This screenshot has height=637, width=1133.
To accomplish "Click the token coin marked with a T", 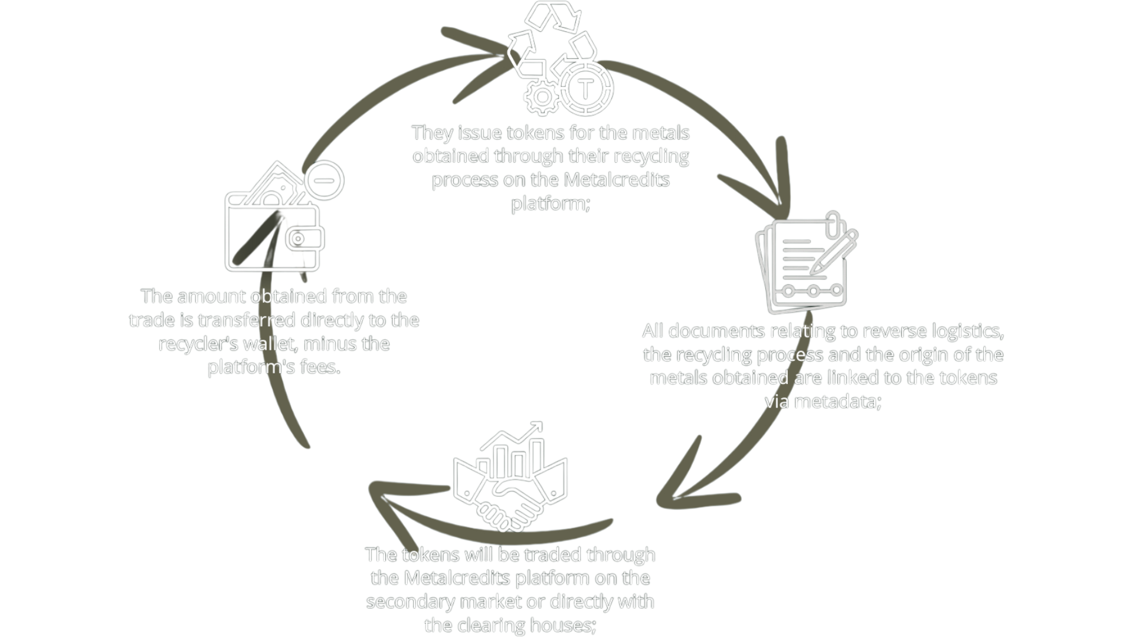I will coord(585,89).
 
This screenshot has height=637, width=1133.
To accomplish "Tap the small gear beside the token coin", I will coord(541,97).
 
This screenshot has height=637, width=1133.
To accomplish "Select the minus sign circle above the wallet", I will coord(323,180).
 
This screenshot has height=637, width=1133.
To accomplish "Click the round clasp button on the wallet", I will coord(299,239).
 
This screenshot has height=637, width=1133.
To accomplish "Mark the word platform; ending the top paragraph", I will coord(550,203).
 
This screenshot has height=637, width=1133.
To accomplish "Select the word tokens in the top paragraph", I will coord(535,133).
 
